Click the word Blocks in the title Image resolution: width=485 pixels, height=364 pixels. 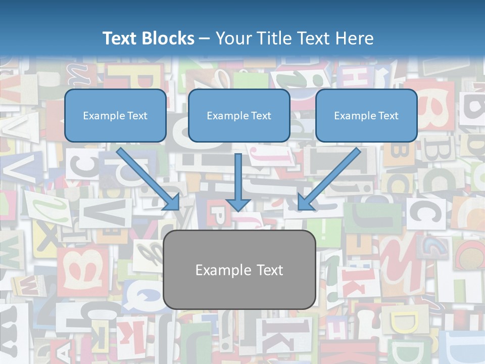point(168,38)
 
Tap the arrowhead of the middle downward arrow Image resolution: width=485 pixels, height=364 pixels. point(238,204)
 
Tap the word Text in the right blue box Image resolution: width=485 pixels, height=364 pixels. point(388,116)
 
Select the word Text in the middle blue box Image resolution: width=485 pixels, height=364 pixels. point(261,116)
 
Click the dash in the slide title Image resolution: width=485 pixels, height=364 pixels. point(205,39)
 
